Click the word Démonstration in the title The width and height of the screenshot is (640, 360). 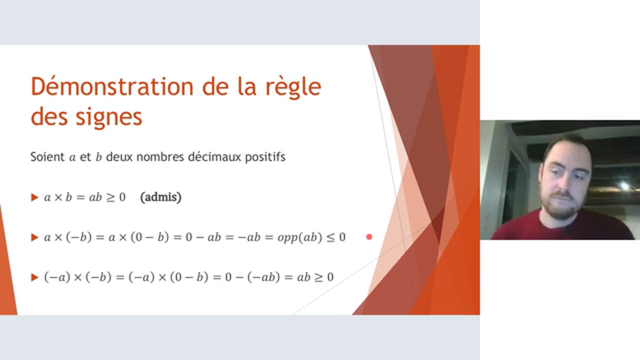point(111,86)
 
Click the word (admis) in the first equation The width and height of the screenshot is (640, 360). point(160,197)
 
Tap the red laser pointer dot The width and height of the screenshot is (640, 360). point(369,237)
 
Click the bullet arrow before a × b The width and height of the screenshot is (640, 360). point(34,197)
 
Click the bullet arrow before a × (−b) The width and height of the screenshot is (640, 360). point(34,237)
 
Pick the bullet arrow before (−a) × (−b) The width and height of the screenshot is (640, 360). point(34,277)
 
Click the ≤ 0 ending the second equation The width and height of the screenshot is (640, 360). point(336,237)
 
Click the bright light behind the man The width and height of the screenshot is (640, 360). point(624,185)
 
